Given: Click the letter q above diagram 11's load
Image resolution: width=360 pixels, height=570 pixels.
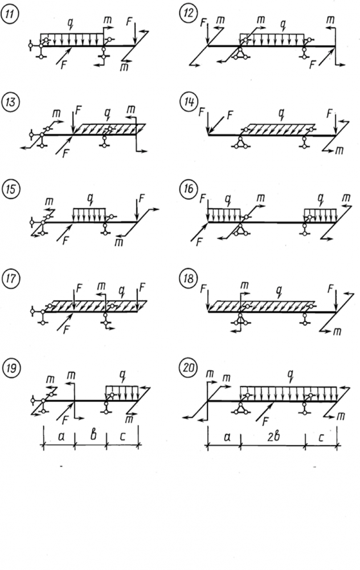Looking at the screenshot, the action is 70,24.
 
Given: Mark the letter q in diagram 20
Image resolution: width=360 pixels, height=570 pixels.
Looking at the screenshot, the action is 291,376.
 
